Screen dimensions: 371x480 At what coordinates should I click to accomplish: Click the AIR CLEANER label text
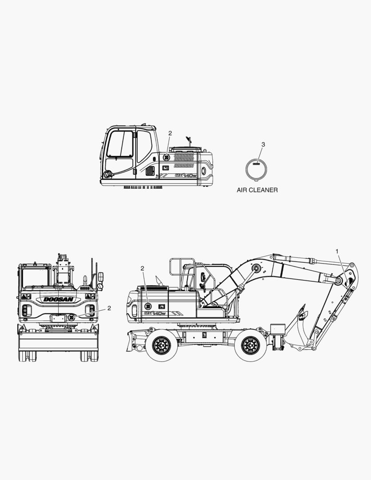[257, 190]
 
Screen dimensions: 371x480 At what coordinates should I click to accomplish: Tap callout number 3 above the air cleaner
[263, 144]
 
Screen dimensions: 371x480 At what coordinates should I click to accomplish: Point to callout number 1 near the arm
[337, 251]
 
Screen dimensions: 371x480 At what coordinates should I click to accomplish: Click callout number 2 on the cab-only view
[170, 133]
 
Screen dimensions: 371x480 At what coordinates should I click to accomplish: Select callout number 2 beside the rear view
[109, 308]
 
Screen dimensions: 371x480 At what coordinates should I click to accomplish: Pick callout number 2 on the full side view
[142, 268]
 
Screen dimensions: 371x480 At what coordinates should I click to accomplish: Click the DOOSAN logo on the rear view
[59, 299]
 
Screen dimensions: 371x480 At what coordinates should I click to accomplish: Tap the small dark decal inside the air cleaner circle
[256, 164]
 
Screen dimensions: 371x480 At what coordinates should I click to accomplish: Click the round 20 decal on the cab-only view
[166, 158]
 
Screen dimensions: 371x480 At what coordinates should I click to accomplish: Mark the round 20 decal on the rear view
[72, 317]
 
